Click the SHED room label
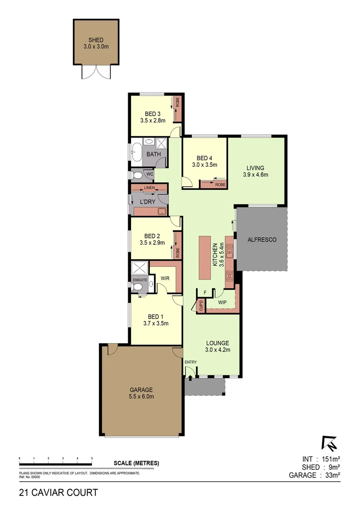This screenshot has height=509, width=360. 96,40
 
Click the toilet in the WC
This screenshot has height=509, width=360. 137,175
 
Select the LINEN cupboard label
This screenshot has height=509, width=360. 149,188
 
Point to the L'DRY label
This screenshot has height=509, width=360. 148,202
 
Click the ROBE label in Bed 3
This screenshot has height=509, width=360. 178,102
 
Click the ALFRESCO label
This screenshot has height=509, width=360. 262,239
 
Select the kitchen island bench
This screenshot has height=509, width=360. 205,257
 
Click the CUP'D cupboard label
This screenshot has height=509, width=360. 201,305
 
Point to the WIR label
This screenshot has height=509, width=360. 165,279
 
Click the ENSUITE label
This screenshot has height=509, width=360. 140,280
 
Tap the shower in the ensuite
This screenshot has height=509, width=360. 139,268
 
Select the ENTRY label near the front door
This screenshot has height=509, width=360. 191,362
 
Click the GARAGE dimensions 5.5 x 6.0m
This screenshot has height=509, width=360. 141,396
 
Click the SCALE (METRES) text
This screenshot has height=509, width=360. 136,463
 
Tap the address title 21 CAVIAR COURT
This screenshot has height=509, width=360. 58,493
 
